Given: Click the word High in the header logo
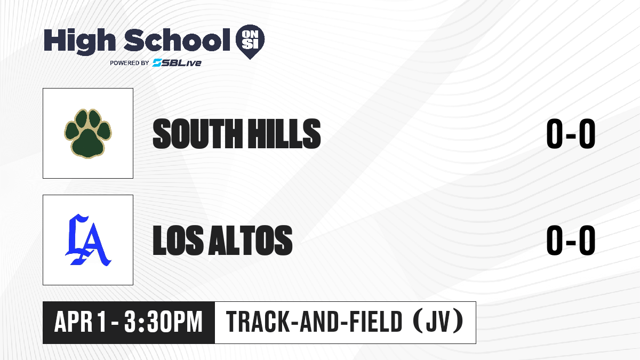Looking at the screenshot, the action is pyautogui.click(x=79, y=42).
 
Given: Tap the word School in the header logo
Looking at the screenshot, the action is pyautogui.click(x=177, y=40).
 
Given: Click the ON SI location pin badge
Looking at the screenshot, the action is pyautogui.click(x=250, y=42).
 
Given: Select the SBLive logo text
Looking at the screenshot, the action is pyautogui.click(x=177, y=63).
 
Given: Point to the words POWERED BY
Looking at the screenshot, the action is pyautogui.click(x=130, y=63).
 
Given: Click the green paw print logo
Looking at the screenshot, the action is pyautogui.click(x=88, y=133).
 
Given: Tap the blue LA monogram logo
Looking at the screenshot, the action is pyautogui.click(x=89, y=240).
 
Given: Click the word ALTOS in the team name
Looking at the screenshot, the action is pyautogui.click(x=251, y=240).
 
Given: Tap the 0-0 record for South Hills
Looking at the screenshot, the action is pyautogui.click(x=571, y=134).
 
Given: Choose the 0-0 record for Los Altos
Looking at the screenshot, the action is pyautogui.click(x=571, y=240).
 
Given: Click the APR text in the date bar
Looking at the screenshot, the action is pyautogui.click(x=74, y=322).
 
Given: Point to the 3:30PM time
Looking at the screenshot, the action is pyautogui.click(x=163, y=322).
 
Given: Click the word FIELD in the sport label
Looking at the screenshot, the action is pyautogui.click(x=376, y=322).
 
